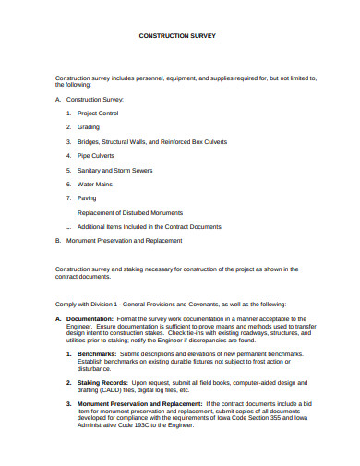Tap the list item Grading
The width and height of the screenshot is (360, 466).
click(89, 127)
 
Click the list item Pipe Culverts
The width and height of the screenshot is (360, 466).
click(95, 156)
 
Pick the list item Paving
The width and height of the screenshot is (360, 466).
click(87, 197)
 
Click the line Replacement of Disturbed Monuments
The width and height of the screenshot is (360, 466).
click(130, 212)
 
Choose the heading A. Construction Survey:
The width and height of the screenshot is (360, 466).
click(89, 99)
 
